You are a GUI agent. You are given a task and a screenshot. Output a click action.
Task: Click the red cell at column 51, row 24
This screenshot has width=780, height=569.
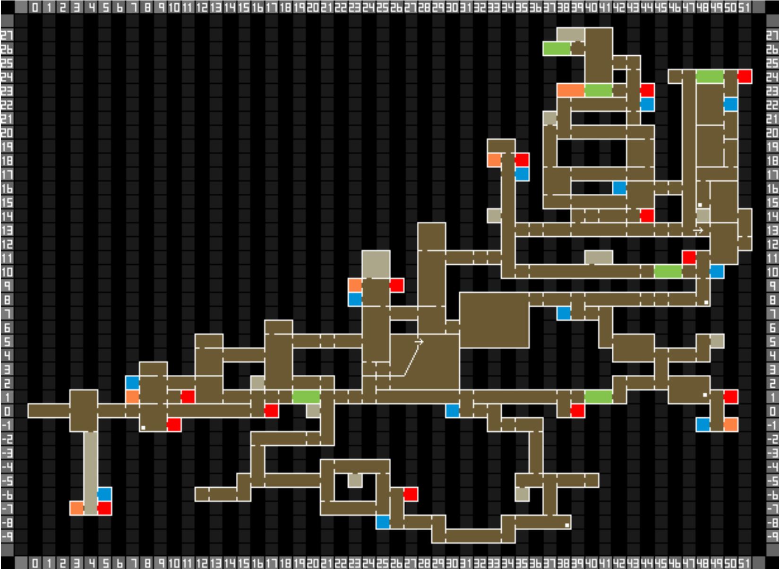(745, 76)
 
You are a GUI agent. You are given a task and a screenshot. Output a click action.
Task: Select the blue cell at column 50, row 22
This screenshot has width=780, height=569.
(730, 104)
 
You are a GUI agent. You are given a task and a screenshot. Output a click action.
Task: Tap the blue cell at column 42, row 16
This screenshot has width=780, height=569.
(619, 188)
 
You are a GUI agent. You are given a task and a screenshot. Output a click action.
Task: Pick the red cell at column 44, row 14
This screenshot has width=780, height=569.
(647, 216)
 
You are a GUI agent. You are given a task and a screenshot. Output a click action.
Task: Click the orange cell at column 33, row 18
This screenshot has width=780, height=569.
(494, 160)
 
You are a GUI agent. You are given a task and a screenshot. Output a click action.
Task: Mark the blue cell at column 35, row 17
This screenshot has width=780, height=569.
(522, 174)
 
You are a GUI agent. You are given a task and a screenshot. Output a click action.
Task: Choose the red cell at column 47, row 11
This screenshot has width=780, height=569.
(689, 258)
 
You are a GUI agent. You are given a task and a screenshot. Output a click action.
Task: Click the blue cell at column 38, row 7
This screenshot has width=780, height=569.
(564, 313)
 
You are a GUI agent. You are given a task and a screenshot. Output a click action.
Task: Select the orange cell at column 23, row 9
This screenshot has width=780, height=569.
(355, 285)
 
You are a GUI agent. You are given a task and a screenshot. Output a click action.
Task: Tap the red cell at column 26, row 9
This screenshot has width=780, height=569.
(397, 285)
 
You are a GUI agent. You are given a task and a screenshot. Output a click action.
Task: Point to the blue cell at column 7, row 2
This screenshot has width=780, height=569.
(133, 383)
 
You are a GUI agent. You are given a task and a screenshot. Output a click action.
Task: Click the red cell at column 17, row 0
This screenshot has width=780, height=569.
(271, 411)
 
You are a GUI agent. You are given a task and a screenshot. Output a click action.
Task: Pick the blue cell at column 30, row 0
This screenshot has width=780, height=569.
(453, 411)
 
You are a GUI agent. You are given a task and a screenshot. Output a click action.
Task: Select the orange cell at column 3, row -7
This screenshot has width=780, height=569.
(77, 509)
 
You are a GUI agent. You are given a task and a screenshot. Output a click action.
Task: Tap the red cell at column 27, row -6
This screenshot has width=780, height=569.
(411, 494)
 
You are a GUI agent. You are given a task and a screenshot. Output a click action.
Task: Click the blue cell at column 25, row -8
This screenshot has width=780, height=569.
(383, 522)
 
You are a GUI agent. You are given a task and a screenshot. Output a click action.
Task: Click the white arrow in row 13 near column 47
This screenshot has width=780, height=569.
(698, 230)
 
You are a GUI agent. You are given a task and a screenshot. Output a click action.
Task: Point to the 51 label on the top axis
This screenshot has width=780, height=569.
(744, 8)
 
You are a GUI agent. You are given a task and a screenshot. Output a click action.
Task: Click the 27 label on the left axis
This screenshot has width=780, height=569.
(7, 35)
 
